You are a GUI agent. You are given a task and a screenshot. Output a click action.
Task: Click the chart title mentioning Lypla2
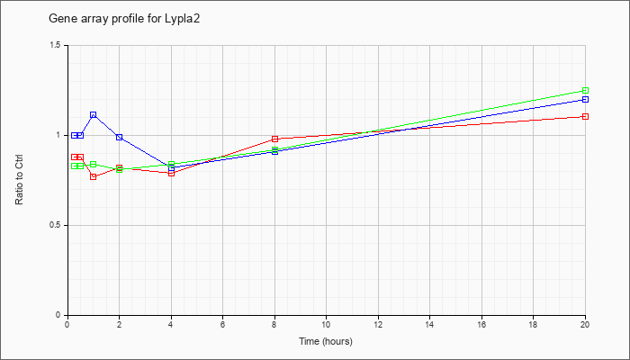124,19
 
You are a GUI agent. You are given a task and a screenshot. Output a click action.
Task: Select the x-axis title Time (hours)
326,341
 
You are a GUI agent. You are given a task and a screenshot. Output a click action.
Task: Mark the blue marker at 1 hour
94,115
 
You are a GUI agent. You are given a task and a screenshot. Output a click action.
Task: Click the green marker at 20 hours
585,90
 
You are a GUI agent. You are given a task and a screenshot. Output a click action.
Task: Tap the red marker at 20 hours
585,116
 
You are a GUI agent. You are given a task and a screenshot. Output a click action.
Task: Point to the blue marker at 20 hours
585,99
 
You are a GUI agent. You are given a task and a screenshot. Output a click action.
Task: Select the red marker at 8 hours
274,139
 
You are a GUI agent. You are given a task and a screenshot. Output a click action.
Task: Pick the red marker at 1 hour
94,176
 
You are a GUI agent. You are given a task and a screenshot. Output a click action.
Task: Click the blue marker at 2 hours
120,138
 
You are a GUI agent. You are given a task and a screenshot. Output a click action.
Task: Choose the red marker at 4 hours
171,173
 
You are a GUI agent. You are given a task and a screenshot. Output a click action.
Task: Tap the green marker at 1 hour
94,165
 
